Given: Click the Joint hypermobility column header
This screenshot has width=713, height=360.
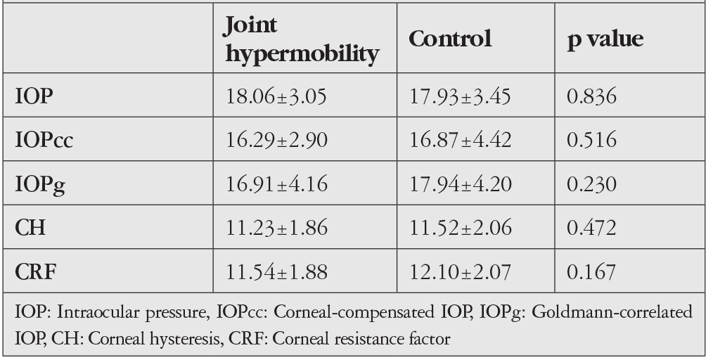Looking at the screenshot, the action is (x=302, y=39).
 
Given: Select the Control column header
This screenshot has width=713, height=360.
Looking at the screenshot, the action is (x=450, y=39).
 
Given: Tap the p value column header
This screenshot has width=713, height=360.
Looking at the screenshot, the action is (x=605, y=39).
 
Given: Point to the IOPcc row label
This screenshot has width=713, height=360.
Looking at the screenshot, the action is (x=44, y=140).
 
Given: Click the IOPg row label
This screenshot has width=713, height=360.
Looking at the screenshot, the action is (x=40, y=185).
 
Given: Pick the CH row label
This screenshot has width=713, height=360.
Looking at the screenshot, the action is (x=30, y=227).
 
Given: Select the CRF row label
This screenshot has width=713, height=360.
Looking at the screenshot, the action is (x=35, y=272).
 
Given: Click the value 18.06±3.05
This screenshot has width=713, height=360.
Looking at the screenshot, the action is (x=276, y=96).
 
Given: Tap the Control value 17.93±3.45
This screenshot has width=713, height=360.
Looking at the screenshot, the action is (x=460, y=96).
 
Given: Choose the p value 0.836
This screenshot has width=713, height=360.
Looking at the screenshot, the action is (x=591, y=96).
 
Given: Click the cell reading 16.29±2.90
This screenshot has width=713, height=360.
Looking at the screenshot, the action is (x=276, y=140).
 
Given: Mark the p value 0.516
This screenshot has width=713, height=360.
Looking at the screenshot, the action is (x=591, y=140).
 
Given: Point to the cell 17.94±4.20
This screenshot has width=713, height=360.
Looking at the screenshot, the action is (x=461, y=184).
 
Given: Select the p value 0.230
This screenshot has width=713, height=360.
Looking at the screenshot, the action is (x=591, y=184).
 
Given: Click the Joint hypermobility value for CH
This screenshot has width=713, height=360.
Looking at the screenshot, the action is (x=276, y=227).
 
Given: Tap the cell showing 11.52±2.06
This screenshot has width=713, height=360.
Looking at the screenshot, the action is (x=461, y=227).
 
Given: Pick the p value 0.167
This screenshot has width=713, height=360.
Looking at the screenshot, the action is (x=591, y=272).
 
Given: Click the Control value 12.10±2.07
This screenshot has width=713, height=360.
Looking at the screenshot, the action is (x=460, y=272).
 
